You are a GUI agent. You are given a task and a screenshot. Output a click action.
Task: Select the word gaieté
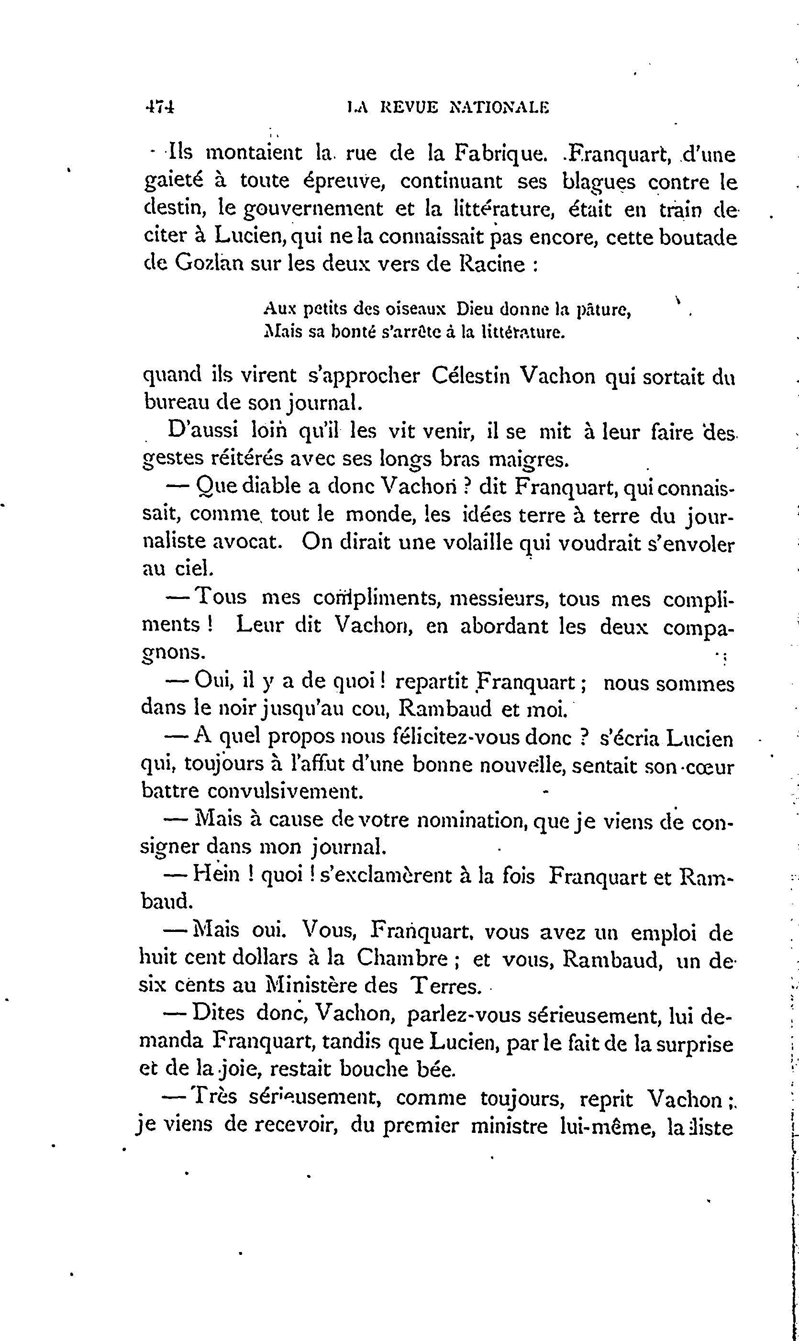click(174, 182)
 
